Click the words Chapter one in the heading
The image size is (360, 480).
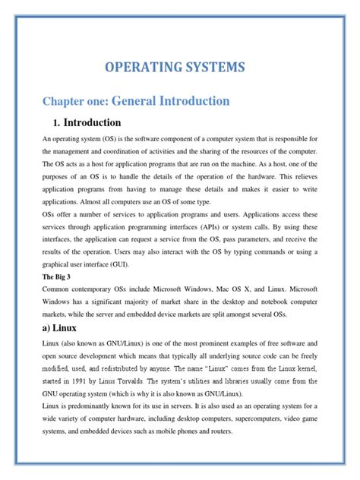tap(75, 101)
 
